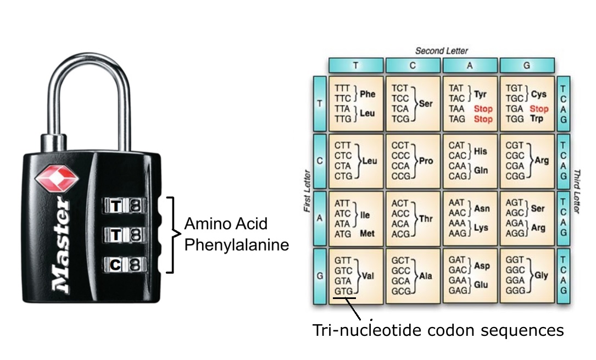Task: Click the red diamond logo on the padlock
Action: pos(57,178)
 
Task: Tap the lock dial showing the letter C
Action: pos(115,264)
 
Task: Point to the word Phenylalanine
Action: pos(236,245)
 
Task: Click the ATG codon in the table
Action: pos(343,234)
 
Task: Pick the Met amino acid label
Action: pos(367,234)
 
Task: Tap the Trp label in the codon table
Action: pos(537,119)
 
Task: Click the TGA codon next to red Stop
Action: pos(514,109)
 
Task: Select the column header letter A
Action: pos(470,65)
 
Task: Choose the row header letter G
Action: pos(320,275)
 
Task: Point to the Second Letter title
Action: pos(441,51)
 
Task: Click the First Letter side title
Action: pos(307,191)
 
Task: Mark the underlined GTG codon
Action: pos(344,291)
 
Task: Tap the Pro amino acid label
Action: pos(426,161)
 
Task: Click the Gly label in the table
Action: pos(541,275)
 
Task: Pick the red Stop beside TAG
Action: pos(483,119)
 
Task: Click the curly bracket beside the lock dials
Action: pos(173,235)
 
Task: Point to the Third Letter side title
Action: pos(577,192)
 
